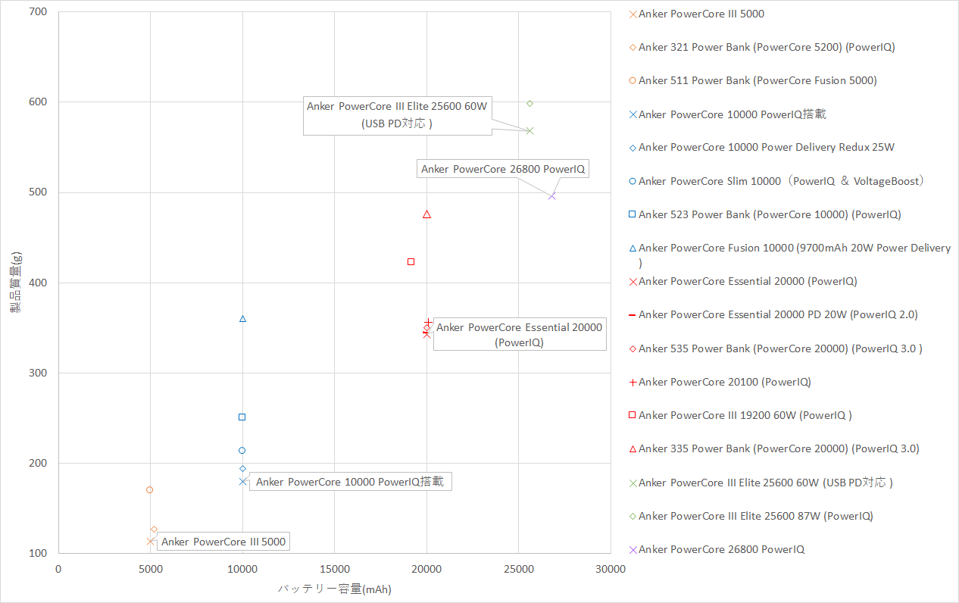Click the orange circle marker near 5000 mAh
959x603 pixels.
pos(149,490)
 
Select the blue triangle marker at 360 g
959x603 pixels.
pos(242,319)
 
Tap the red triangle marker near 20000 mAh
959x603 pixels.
pos(426,214)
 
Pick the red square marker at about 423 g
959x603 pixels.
pos(411,261)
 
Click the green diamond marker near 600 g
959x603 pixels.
pos(529,103)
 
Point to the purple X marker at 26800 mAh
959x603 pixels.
pos(551,195)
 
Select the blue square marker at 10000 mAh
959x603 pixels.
pos(242,417)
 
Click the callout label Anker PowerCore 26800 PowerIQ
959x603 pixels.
pos(503,169)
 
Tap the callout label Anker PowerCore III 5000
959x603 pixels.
pos(223,542)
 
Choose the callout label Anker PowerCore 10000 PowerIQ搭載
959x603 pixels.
pos(350,481)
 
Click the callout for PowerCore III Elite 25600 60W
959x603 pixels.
pos(397,114)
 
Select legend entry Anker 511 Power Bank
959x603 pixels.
pos(758,80)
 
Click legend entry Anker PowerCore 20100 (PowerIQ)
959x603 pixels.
pos(724,382)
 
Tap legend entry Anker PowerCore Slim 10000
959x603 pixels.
pos(780,181)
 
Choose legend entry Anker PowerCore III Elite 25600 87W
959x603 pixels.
pos(755,516)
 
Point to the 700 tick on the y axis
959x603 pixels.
pos(37,12)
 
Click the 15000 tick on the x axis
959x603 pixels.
pos(334,568)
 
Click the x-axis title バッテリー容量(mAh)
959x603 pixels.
pos(334,589)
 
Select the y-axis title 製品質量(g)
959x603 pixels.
pos(15,283)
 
